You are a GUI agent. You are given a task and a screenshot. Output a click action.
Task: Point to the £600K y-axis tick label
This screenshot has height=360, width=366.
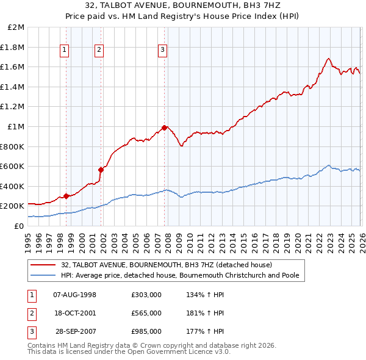[13, 167]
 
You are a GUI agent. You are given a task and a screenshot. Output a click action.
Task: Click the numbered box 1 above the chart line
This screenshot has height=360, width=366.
[65, 51]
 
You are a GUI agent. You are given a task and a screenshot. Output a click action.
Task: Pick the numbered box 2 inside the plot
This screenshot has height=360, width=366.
[99, 51]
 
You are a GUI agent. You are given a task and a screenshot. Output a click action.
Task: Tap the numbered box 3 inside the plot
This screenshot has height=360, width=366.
[163, 51]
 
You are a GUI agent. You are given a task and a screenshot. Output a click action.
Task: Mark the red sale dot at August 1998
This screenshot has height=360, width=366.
[66, 196]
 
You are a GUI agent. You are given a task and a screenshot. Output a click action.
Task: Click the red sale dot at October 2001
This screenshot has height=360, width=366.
[101, 170]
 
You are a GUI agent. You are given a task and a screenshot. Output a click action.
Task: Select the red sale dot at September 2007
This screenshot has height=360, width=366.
[165, 128]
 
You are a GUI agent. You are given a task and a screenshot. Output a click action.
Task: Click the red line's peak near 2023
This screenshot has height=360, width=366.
[328, 59]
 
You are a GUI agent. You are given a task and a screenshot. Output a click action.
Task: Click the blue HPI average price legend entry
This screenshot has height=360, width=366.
[180, 276]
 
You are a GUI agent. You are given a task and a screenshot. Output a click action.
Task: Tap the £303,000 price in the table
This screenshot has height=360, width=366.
[146, 295]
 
